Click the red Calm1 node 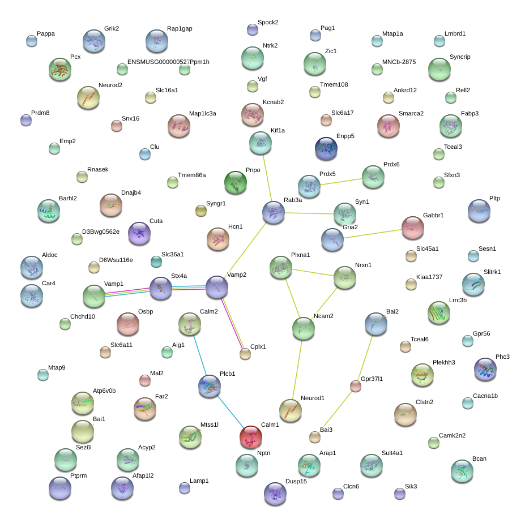point(251,437)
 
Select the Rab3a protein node point(274,212)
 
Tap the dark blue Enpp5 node point(326,148)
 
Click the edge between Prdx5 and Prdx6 point(341,182)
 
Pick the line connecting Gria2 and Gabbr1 point(373,234)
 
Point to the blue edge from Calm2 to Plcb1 point(200,355)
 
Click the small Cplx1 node point(245,354)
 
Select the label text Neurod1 point(313,398)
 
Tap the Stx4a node point(161,288)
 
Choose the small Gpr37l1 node point(356,386)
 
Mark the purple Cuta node point(139,233)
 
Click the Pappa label point(46,33)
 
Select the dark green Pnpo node point(236,182)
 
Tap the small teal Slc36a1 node point(156,261)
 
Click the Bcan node point(462,471)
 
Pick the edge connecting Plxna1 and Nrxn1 point(313,272)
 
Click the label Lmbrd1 point(455,33)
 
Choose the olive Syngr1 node point(201,211)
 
